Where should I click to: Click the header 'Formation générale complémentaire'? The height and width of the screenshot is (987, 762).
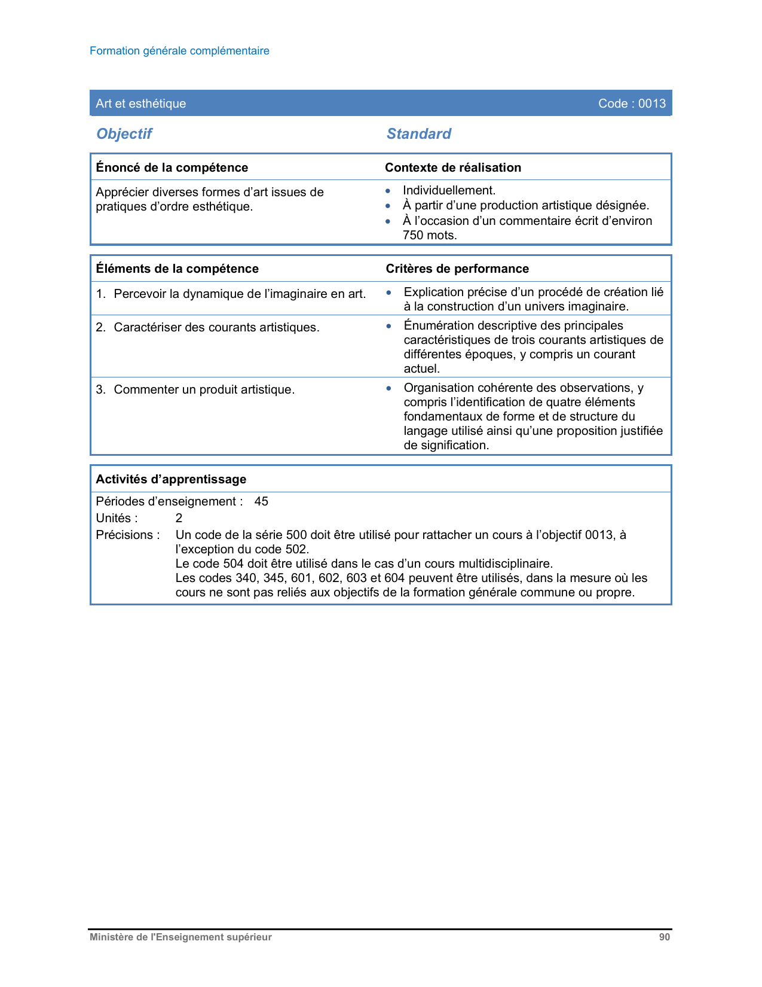pyautogui.click(x=179, y=51)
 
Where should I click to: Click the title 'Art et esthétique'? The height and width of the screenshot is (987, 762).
pyautogui.click(x=141, y=103)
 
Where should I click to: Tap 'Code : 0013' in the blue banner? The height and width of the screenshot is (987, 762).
pyautogui.click(x=632, y=103)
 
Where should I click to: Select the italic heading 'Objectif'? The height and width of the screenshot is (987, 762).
pyautogui.click(x=124, y=134)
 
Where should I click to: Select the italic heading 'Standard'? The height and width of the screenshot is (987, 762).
pyautogui.click(x=419, y=134)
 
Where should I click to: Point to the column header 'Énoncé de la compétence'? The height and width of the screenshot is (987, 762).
pyautogui.click(x=172, y=167)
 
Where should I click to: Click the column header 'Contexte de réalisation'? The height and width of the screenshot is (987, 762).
pyautogui.click(x=453, y=167)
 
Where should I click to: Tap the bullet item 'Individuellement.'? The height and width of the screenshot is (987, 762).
pyautogui.click(x=449, y=191)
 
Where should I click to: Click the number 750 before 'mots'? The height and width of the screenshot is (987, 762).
pyautogui.click(x=413, y=235)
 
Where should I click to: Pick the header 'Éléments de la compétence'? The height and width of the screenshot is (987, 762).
pyautogui.click(x=178, y=269)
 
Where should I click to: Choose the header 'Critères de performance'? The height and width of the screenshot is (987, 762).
pyautogui.click(x=457, y=269)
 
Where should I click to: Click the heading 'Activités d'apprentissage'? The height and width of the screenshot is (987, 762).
pyautogui.click(x=171, y=479)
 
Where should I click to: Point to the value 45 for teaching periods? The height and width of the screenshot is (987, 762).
pyautogui.click(x=261, y=501)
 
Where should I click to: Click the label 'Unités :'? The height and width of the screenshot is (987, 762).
pyautogui.click(x=117, y=518)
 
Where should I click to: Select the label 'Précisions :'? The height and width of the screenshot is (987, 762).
pyautogui.click(x=127, y=535)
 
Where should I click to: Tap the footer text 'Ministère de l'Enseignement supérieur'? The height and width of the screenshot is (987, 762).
pyautogui.click(x=180, y=937)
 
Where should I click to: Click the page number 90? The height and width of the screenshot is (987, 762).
pyautogui.click(x=665, y=937)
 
